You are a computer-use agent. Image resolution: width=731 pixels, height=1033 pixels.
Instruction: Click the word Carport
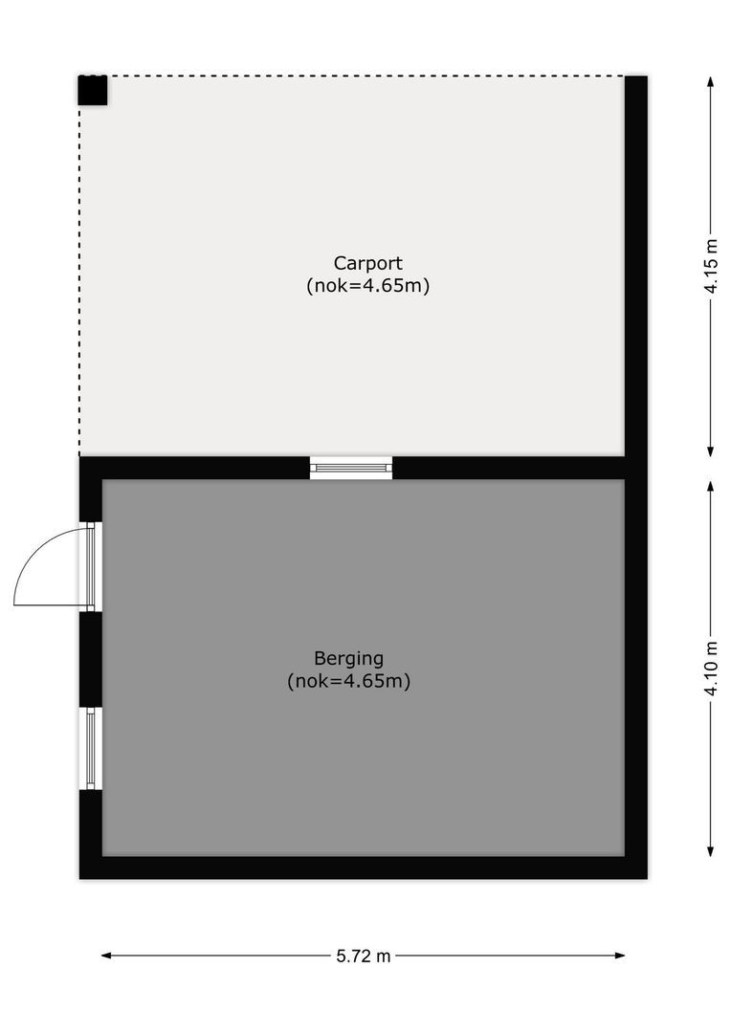coord(367,262)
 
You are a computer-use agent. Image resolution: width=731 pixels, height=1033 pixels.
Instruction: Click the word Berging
coord(348,658)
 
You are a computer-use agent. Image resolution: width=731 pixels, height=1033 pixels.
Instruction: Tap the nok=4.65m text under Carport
coord(367,285)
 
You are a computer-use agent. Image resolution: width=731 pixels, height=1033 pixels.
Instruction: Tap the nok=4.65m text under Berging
coord(348,682)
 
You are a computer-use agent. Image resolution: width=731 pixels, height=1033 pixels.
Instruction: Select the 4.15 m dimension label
coord(711,267)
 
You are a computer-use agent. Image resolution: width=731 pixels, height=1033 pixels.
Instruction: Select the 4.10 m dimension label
coord(711,669)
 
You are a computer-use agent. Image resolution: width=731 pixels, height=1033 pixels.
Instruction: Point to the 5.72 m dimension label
coord(364,956)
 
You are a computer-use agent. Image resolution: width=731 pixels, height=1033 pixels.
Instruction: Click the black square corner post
coord(93,90)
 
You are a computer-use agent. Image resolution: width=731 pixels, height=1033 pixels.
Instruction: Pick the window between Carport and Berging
coord(351,468)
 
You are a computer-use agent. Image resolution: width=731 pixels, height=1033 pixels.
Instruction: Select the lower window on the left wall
coord(91,748)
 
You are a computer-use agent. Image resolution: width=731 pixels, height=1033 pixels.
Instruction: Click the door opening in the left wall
coord(91,565)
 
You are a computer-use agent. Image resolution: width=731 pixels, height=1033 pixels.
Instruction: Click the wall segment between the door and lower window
coord(91,658)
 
